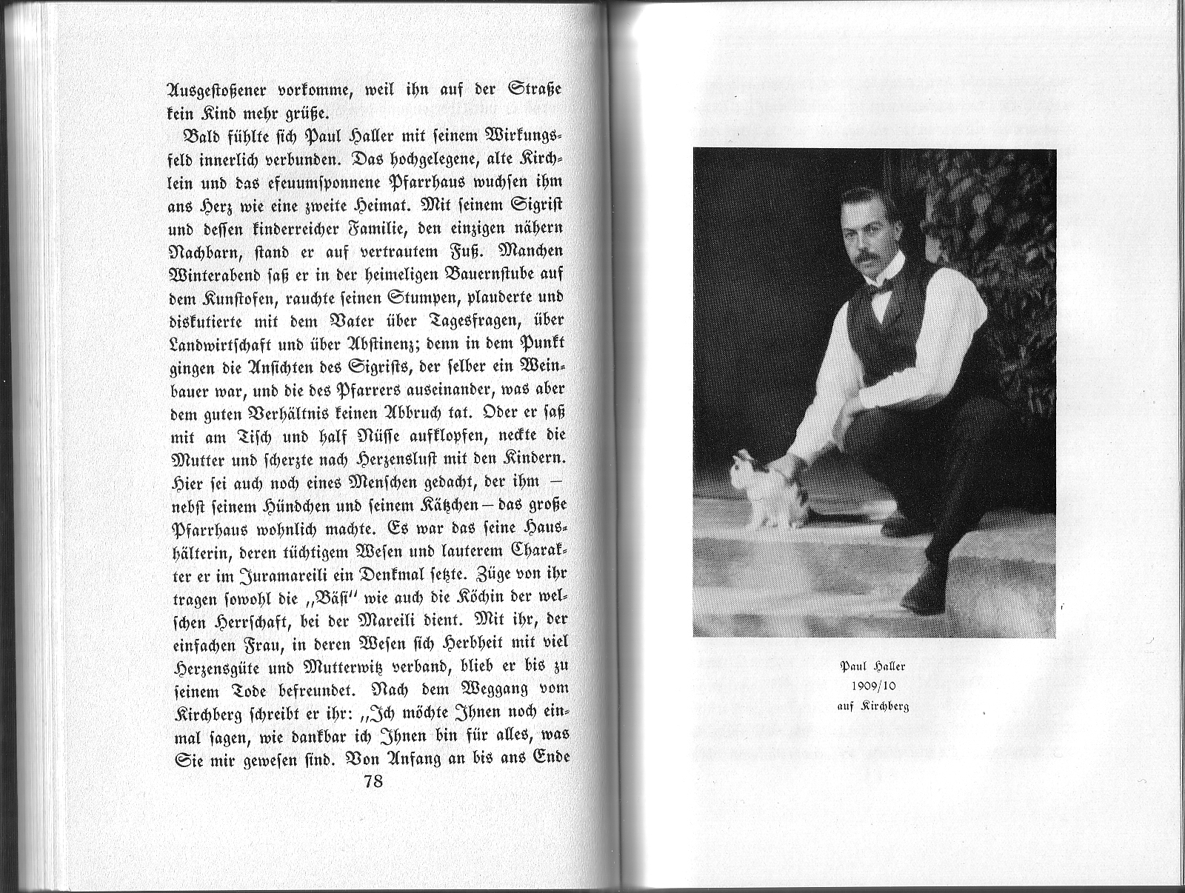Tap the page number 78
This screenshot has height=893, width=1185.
click(373, 782)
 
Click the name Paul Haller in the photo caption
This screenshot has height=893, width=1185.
click(873, 666)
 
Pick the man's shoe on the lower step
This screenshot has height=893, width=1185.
click(922, 589)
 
